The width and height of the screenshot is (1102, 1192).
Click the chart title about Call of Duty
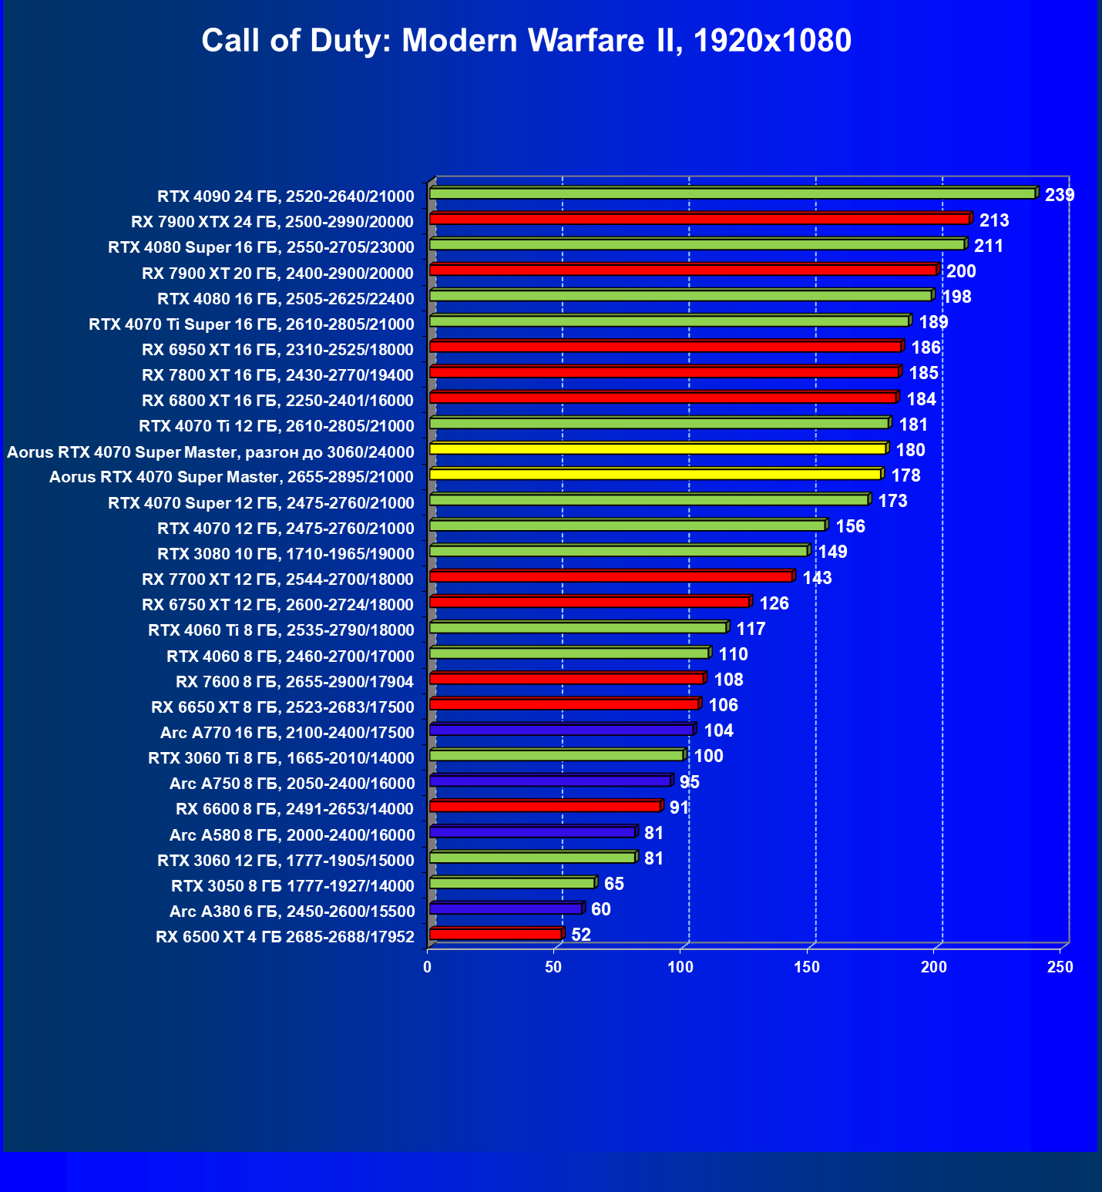526,40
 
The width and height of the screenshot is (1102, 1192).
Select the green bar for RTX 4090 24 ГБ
732,193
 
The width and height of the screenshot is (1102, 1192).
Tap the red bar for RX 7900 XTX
699,219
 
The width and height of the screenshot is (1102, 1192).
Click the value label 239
1059,195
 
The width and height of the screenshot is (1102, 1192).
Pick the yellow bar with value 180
657,448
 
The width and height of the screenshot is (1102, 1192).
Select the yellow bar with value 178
655,474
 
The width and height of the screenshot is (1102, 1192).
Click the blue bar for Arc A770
561,730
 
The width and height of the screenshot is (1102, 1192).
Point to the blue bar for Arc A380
506,908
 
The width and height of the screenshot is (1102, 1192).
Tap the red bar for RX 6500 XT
496,934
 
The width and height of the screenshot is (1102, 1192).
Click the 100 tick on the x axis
680,967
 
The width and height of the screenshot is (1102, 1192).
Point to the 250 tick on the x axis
1060,967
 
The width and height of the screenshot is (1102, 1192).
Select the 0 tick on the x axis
428,967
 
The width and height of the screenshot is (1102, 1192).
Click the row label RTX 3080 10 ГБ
285,553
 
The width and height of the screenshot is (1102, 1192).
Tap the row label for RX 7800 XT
277,375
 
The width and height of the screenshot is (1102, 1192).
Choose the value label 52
581,935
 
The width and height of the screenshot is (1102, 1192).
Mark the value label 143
817,578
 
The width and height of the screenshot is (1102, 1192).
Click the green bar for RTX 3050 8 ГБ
512,883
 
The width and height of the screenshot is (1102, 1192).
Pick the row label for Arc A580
292,834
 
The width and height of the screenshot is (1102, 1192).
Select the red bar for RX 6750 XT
589,602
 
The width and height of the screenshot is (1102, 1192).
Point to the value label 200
960,271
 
